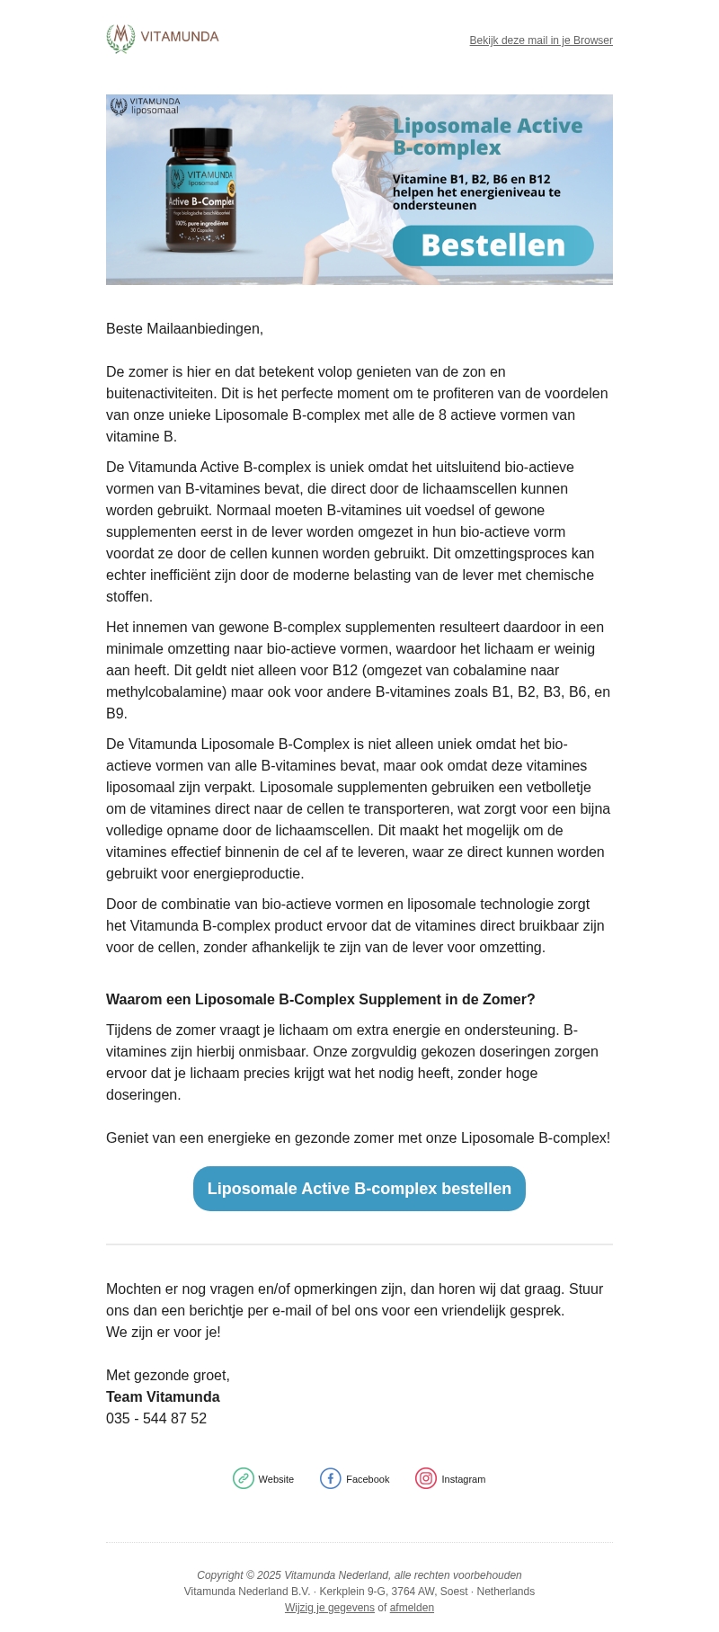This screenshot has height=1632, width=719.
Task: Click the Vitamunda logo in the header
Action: click(163, 38)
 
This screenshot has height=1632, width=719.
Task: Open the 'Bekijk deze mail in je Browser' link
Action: click(541, 40)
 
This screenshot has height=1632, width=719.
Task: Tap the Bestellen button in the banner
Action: click(493, 245)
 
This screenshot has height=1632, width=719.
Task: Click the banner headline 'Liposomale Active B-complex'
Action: click(487, 137)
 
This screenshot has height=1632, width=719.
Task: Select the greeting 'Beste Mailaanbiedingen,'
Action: click(184, 329)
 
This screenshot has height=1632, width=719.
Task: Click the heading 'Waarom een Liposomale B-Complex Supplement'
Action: click(320, 1000)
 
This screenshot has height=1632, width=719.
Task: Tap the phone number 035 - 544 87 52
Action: click(156, 1419)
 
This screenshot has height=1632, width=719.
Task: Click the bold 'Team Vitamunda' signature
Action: click(163, 1397)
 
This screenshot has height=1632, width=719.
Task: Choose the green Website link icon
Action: click(244, 1479)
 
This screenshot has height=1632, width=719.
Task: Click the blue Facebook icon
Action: click(331, 1479)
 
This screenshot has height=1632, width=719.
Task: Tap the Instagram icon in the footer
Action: click(426, 1479)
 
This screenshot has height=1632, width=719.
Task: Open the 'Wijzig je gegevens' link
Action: click(330, 1608)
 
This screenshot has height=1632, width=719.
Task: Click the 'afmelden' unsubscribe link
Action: click(412, 1608)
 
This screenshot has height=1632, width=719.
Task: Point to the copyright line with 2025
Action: click(359, 1575)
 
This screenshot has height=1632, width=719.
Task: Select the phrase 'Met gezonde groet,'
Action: click(168, 1376)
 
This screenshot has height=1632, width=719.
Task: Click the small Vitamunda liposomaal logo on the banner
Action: click(145, 106)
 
